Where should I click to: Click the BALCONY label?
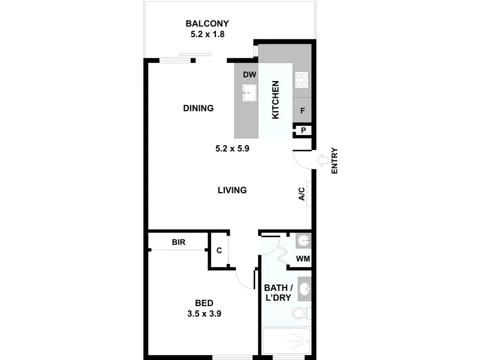[x=207, y=23]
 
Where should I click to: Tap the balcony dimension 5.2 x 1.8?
[x=208, y=34]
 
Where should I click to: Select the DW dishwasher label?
[x=250, y=74]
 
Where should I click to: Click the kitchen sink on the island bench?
[x=250, y=92]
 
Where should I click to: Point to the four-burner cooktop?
[x=302, y=80]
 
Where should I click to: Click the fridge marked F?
[x=302, y=110]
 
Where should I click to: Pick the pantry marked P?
[x=304, y=130]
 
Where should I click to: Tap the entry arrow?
[x=322, y=160]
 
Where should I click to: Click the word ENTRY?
[x=334, y=161]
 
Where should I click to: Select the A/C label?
[x=302, y=194]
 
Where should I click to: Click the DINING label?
[x=199, y=108]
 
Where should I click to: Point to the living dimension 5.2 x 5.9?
[x=232, y=149]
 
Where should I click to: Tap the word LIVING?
[x=232, y=190]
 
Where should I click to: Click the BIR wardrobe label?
[x=178, y=242]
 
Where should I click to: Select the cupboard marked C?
[x=219, y=250]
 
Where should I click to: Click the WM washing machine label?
[x=303, y=259]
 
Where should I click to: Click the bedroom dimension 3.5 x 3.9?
[x=204, y=314]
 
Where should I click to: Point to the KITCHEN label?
[x=275, y=100]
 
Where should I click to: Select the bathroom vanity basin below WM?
[x=305, y=289]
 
